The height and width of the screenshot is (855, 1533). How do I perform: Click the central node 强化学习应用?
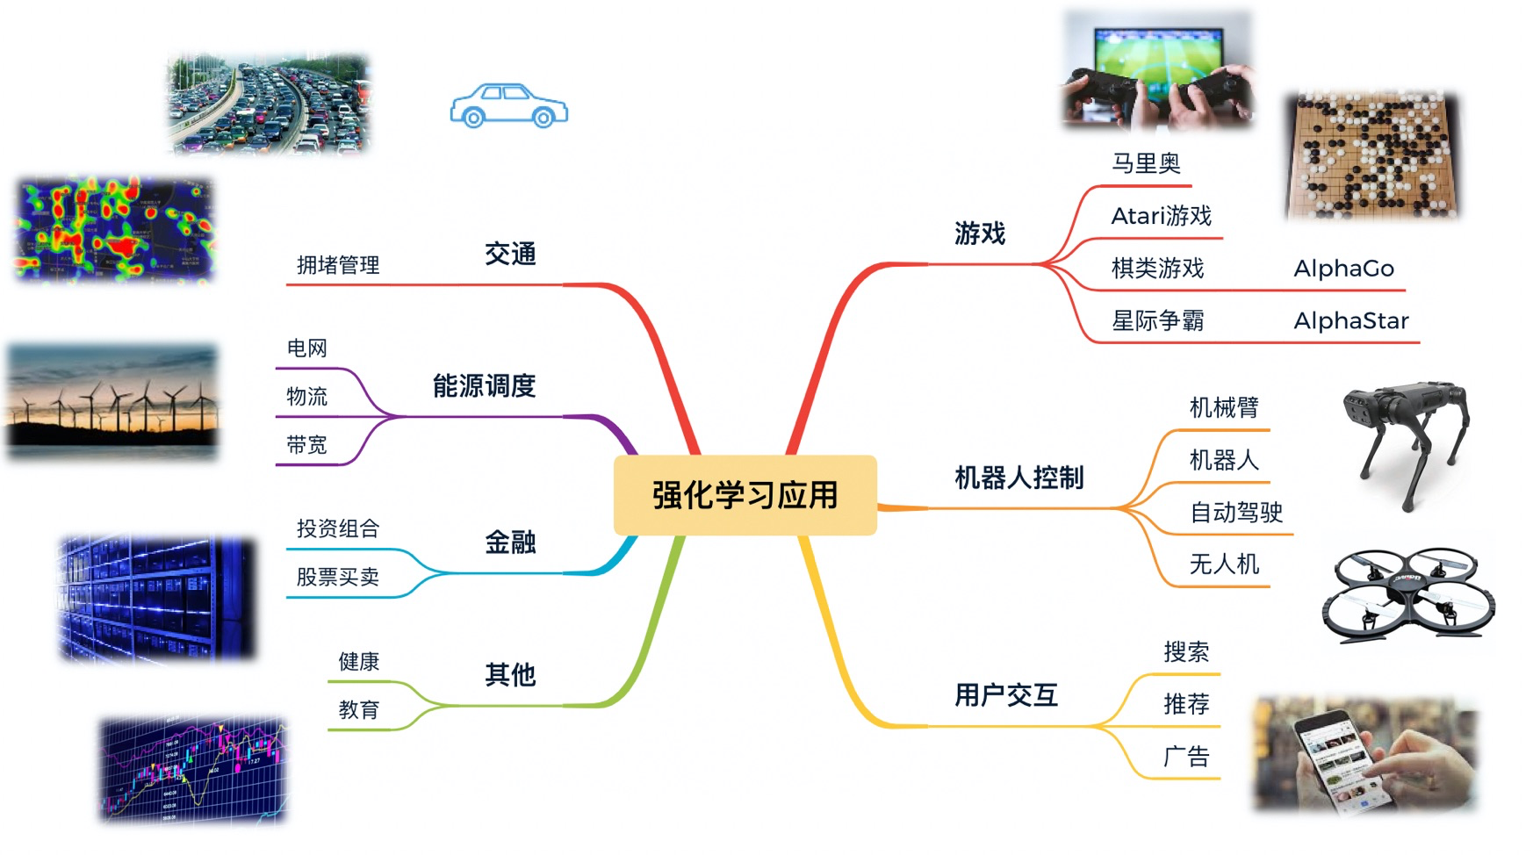(x=745, y=495)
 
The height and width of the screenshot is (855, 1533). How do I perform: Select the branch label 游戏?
(x=980, y=234)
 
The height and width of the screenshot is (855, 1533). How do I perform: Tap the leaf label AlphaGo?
(x=1343, y=269)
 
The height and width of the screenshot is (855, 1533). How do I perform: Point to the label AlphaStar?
(x=1350, y=321)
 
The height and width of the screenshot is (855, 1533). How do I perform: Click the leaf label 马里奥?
(x=1146, y=163)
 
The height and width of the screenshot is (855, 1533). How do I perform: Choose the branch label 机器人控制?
(x=1018, y=478)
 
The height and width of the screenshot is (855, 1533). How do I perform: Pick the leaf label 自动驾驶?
(x=1236, y=512)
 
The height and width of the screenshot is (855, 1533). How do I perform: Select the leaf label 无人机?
(x=1224, y=564)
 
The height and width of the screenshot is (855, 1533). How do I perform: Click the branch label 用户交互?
(x=1006, y=695)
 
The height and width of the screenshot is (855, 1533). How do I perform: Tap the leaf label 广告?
(x=1186, y=756)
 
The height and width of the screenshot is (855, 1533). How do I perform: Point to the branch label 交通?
(x=510, y=255)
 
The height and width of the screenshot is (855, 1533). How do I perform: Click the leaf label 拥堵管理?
(x=338, y=265)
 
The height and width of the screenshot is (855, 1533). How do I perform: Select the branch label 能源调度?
(x=484, y=385)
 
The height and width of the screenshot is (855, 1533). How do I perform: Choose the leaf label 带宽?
(x=306, y=445)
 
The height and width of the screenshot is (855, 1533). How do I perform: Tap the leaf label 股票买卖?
(x=338, y=577)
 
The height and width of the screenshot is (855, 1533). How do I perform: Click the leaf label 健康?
(x=359, y=661)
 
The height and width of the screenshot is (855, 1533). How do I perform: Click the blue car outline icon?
(x=509, y=106)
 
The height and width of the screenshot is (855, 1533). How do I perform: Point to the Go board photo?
(x=1371, y=155)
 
